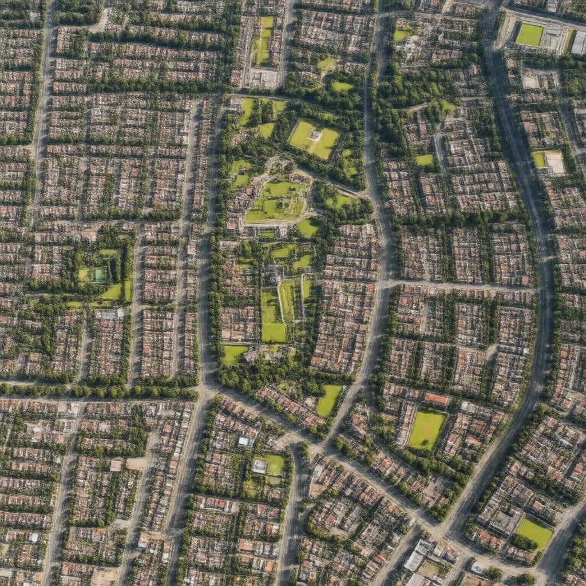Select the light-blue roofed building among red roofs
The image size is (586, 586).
tap(246, 441)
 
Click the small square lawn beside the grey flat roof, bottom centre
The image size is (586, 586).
tap(275, 464)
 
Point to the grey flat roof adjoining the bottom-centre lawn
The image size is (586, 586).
tap(259, 466)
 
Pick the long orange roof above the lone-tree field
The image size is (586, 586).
tap(436, 398)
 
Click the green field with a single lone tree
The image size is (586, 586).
tap(426, 429)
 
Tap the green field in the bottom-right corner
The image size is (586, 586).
tap(534, 532)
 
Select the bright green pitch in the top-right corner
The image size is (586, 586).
tap(529, 35)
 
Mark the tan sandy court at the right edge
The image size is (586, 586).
tap(555, 162)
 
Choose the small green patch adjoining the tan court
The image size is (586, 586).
tap(539, 159)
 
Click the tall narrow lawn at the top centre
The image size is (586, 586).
tap(264, 40)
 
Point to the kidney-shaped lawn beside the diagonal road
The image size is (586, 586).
tap(329, 399)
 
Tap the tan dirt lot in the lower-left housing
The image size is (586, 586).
tap(137, 463)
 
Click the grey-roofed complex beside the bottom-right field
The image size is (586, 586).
tap(505, 521)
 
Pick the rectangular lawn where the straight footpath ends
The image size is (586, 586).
tap(274, 332)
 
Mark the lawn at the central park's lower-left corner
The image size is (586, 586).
tap(234, 354)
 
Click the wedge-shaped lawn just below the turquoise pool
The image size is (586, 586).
tap(113, 291)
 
